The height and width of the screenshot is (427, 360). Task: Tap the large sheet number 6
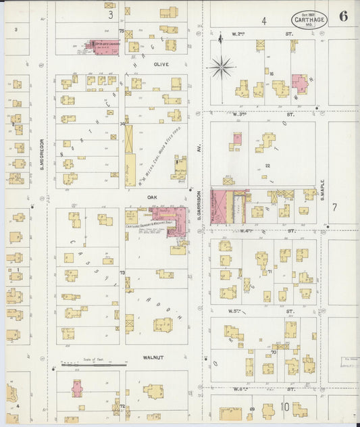pos(343,17)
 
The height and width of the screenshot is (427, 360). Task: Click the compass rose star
pos(221,66)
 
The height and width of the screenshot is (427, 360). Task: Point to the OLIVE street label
pos(161,64)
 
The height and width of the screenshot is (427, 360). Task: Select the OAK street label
pos(153,197)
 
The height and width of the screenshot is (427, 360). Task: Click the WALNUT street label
pos(155,357)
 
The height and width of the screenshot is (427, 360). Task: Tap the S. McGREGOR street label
pos(42,154)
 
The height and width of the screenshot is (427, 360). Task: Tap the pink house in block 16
pos(299,83)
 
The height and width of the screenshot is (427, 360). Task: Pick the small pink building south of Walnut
pos(77,388)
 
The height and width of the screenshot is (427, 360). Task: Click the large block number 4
pos(264,21)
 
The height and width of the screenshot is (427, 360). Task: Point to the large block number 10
pos(285,407)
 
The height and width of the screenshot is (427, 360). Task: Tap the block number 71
pos(269,272)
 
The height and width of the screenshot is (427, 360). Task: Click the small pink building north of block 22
pos(237,139)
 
